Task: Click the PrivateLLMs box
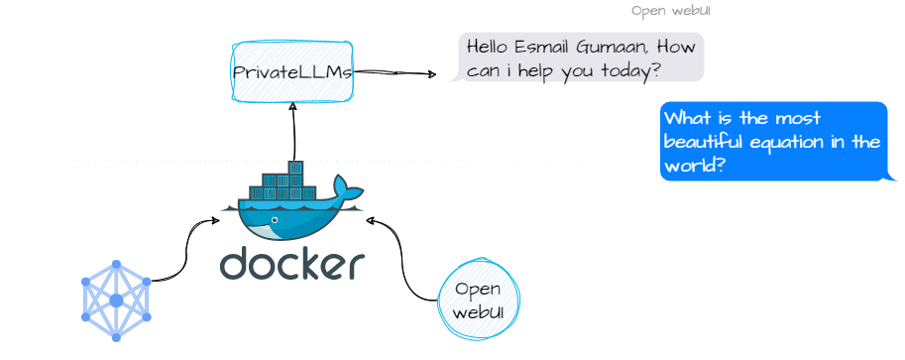tap(292, 72)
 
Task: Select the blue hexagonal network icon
tap(116, 300)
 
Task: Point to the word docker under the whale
tap(292, 264)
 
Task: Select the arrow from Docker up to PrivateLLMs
tap(293, 129)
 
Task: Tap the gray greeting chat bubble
tap(581, 58)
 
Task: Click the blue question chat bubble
tap(773, 142)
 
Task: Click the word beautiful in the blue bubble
tap(702, 142)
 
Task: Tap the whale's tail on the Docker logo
tap(346, 187)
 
